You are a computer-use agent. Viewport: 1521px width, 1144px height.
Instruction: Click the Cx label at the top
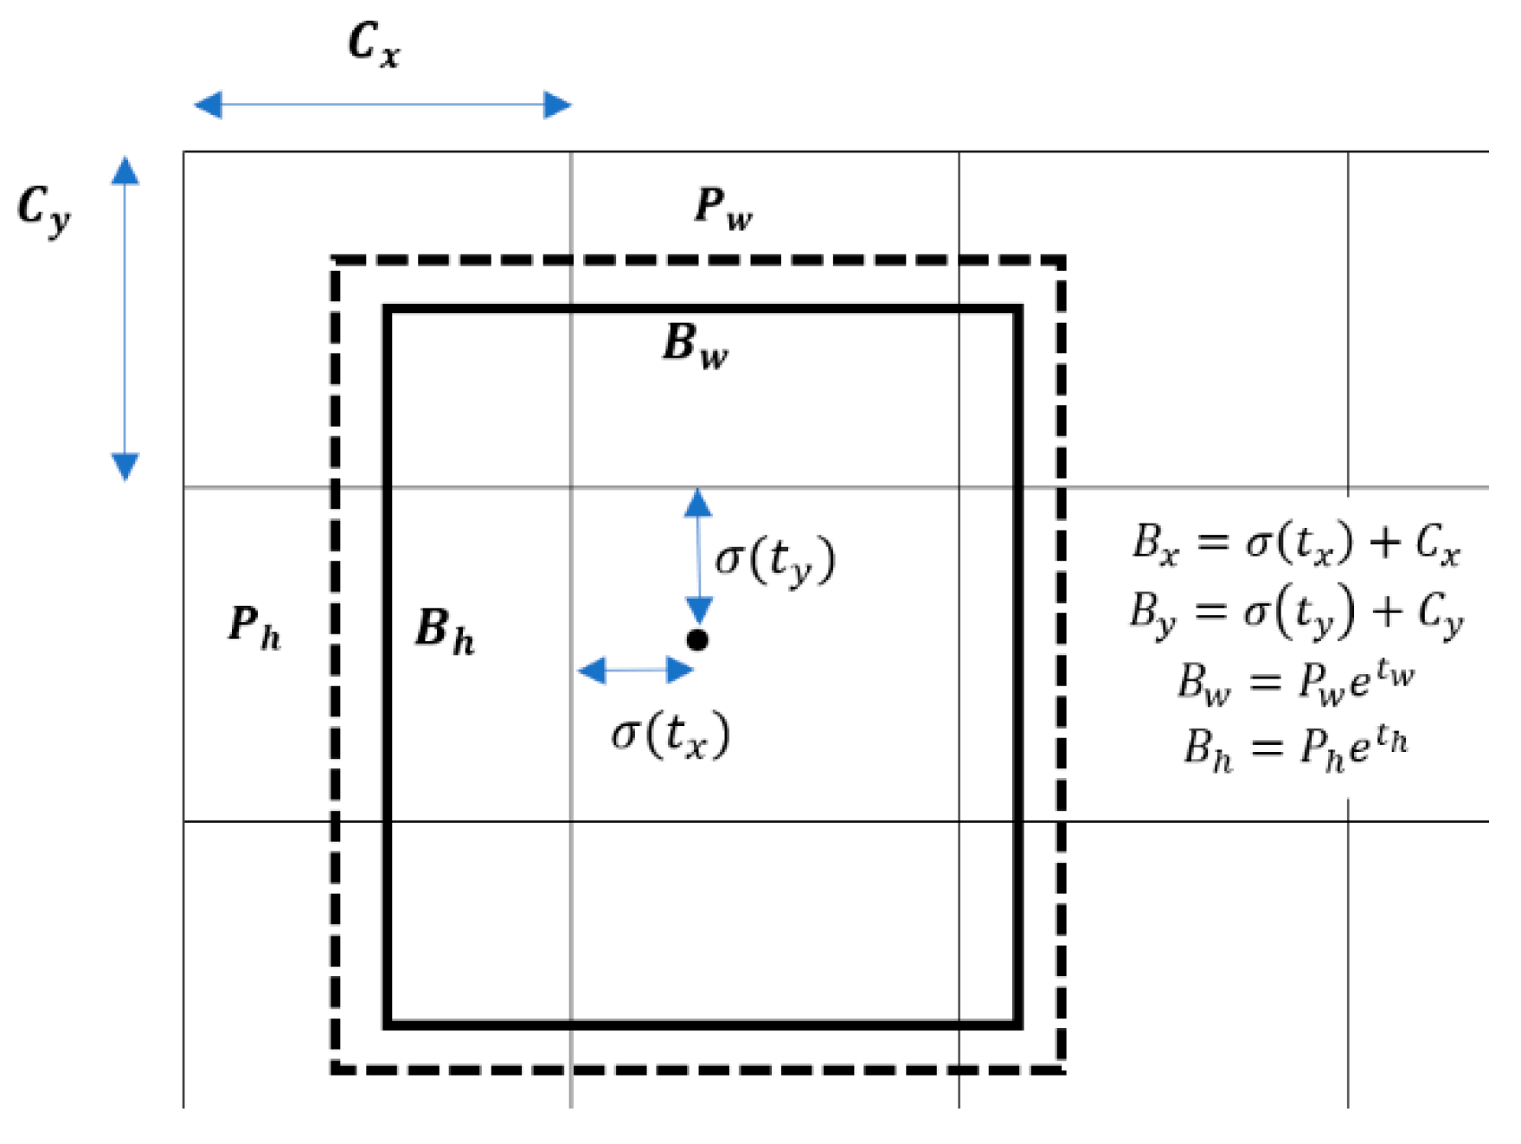[374, 44]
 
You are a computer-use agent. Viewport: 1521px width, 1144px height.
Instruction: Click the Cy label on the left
[44, 210]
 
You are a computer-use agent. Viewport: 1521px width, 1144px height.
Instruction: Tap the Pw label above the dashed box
[723, 209]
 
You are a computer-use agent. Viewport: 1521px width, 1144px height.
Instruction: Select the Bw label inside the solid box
[695, 345]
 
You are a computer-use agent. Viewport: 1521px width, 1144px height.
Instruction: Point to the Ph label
[253, 627]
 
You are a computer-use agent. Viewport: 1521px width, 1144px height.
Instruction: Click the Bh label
[445, 631]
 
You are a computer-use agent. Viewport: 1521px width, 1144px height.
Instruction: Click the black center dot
[697, 640]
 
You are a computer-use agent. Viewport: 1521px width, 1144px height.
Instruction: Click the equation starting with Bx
[1296, 544]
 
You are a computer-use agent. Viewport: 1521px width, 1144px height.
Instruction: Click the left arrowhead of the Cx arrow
[208, 105]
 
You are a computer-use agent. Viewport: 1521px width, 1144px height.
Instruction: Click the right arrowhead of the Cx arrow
[557, 105]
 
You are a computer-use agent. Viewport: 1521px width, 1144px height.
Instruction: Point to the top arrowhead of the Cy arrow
[125, 170]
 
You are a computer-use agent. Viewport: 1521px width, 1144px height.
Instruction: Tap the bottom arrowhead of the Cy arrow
[125, 466]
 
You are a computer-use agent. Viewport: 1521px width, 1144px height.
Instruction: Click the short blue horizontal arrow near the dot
[635, 670]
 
